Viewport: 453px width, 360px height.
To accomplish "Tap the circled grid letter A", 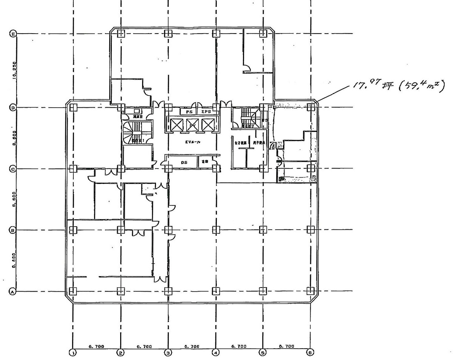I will pyautogui.click(x=12, y=292).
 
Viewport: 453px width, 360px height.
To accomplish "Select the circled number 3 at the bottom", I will pyautogui.click(x=168, y=352).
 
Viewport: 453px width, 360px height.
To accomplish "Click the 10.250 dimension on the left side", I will pyautogui.click(x=14, y=70).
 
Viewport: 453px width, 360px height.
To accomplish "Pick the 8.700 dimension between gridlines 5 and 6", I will pyautogui.click(x=286, y=346).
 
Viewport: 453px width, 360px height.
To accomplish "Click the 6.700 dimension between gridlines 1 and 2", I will pyautogui.click(x=96, y=346).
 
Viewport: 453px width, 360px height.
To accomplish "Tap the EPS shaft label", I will pyautogui.click(x=206, y=112).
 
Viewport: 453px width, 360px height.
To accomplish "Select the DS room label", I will pyautogui.click(x=184, y=162).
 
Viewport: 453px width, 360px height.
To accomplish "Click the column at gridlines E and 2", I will pyautogui.click(x=121, y=33).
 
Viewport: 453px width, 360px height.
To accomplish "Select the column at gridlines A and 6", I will pyautogui.click(x=311, y=291).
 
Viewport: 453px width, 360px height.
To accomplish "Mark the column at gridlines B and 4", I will pyautogui.click(x=216, y=229).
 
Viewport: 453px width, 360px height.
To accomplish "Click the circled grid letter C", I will pyautogui.click(x=12, y=169).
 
